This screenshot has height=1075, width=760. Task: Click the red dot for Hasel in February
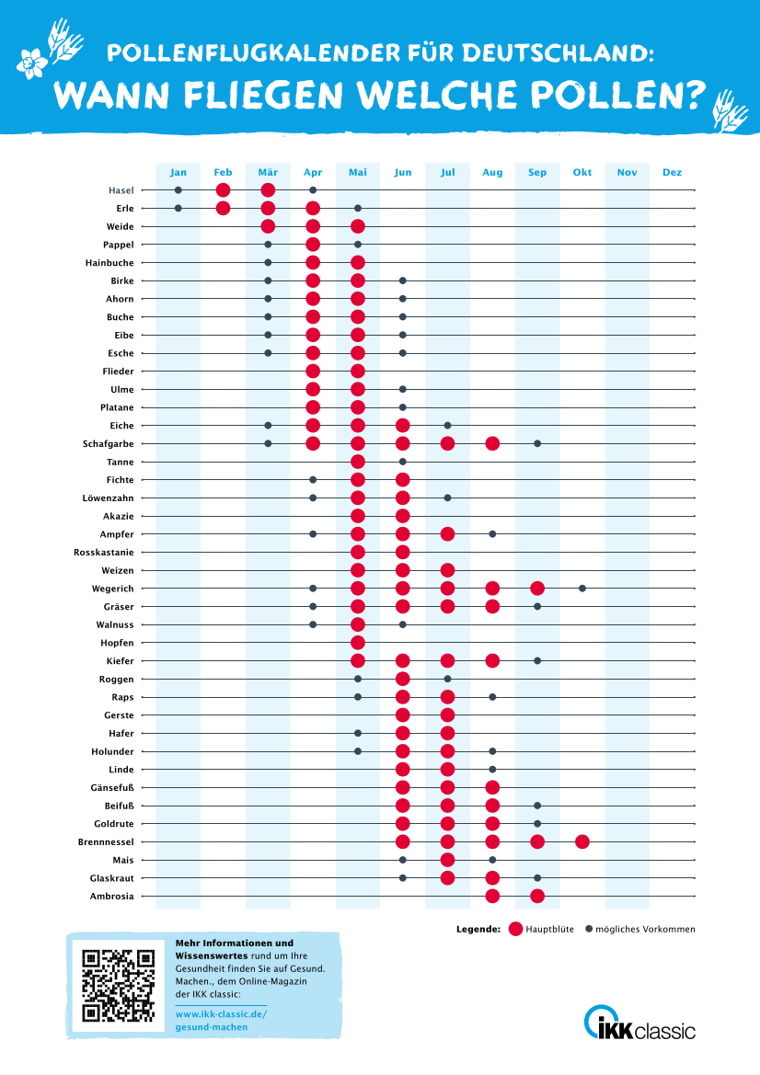point(223,190)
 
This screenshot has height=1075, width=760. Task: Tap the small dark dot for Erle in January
point(178,208)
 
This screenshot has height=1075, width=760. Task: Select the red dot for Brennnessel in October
point(582,841)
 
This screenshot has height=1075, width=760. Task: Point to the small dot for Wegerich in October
point(582,588)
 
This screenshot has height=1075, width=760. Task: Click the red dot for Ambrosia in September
point(537,896)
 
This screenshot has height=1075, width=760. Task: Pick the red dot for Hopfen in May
point(358,642)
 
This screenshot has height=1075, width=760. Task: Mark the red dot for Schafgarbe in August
point(492,443)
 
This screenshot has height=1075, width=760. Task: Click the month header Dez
point(672,172)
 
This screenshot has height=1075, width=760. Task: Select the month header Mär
point(268,172)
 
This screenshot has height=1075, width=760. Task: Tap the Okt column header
point(582,172)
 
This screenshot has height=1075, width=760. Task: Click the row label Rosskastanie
point(104,552)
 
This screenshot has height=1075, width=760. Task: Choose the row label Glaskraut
point(111,877)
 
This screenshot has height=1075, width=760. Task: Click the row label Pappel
point(119,245)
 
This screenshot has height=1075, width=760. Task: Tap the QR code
point(118,986)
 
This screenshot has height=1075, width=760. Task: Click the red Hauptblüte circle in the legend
point(515,929)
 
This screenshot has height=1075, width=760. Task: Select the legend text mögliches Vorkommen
point(645,929)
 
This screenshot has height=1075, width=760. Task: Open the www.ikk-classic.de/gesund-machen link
point(221,1020)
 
